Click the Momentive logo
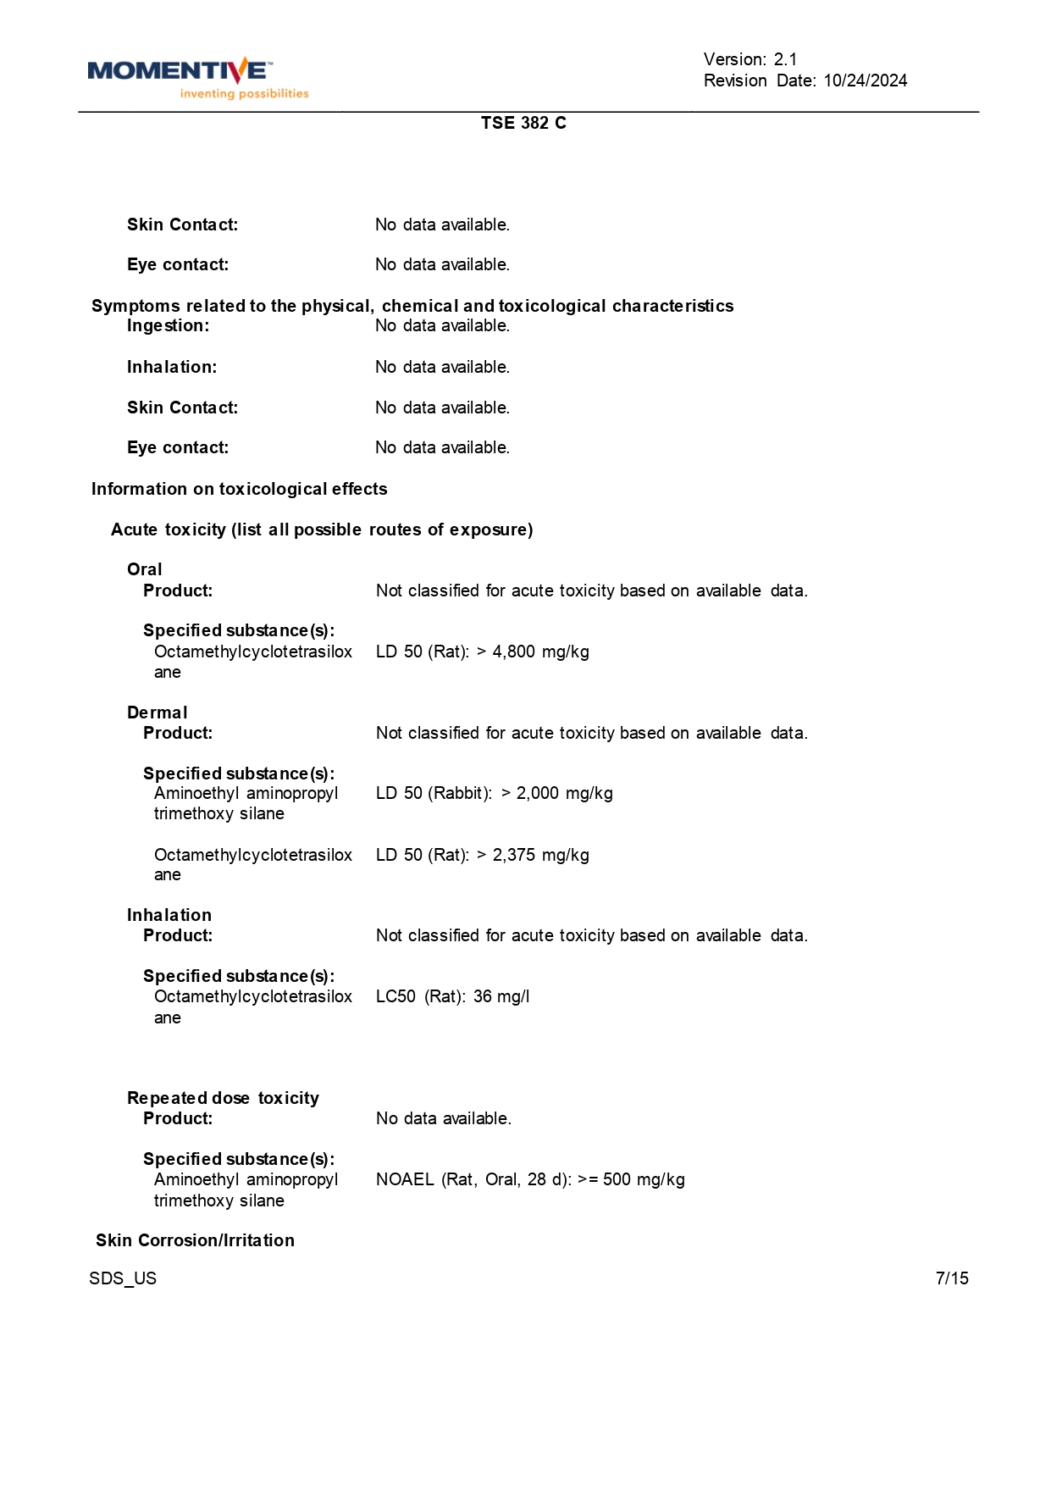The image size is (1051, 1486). pyautogui.click(x=180, y=71)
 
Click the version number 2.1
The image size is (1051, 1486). pyautogui.click(x=785, y=59)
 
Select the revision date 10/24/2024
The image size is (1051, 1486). pyautogui.click(x=865, y=80)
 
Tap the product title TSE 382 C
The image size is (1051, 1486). pyautogui.click(x=523, y=123)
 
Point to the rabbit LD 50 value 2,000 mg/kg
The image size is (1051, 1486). pyautogui.click(x=564, y=793)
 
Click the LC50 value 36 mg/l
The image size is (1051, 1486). pyautogui.click(x=501, y=996)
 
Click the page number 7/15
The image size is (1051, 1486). pyautogui.click(x=952, y=1278)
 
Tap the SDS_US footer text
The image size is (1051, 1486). pyautogui.click(x=123, y=1278)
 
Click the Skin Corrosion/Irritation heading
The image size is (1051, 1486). pyautogui.click(x=195, y=1240)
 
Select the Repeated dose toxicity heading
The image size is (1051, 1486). pyautogui.click(x=223, y=1098)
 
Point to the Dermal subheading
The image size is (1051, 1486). pyautogui.click(x=158, y=713)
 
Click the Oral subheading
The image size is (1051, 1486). pyautogui.click(x=145, y=569)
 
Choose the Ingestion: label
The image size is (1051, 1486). pyautogui.click(x=168, y=325)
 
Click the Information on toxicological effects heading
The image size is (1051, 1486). pyautogui.click(x=239, y=489)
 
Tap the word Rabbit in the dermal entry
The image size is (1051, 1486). pyautogui.click(x=459, y=793)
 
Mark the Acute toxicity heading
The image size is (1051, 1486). pyautogui.click(x=322, y=530)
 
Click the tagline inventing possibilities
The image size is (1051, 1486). pyautogui.click(x=244, y=94)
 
